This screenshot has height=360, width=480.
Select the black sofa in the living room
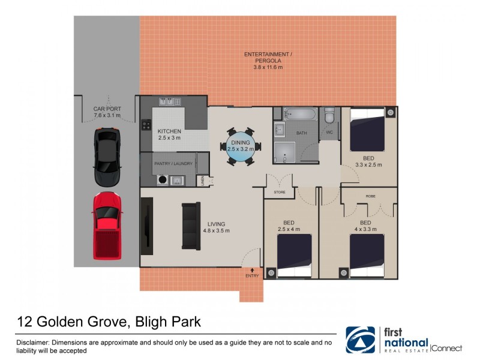pyautogui.click(x=191, y=226)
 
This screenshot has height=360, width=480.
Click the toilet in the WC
pyautogui.click(x=329, y=115)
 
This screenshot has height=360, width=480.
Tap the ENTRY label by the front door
pyautogui.click(x=252, y=276)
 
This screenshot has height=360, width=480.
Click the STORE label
pyautogui.click(x=280, y=193)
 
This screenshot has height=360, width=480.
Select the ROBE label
pyautogui.click(x=370, y=196)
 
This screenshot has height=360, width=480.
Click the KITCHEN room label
pyautogui.click(x=169, y=131)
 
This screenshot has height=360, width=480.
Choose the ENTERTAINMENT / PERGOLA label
pyautogui.click(x=268, y=58)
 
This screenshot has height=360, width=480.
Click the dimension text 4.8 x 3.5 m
pyautogui.click(x=217, y=230)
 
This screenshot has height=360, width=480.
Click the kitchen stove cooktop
pyautogui.click(x=146, y=125)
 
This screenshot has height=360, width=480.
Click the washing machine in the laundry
pyautogui.click(x=162, y=179)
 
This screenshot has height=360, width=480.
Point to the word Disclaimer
pyautogui.click(x=32, y=342)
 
